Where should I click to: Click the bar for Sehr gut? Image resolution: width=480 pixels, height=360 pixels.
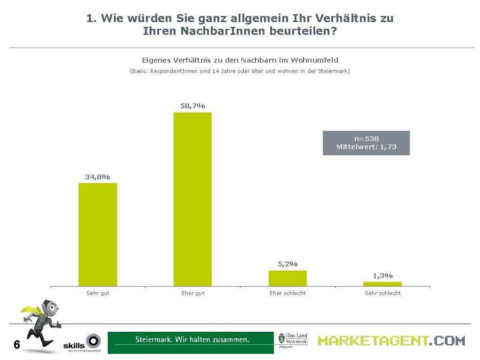pos(97,234)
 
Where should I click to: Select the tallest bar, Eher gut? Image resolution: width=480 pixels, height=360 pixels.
pos(192,199)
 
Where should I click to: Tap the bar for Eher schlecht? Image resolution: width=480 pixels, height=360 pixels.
pos(288,278)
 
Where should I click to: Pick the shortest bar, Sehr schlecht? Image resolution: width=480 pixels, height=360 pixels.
pos(383,284)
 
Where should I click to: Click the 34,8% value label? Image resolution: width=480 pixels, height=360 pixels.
pos(97,177)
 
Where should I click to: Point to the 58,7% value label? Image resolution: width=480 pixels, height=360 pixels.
pos(192,106)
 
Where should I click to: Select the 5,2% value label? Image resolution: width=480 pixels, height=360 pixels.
pos(288,264)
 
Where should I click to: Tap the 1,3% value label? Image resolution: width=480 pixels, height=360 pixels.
pos(383,276)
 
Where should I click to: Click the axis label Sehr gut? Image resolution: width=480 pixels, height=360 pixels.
pos(97,293)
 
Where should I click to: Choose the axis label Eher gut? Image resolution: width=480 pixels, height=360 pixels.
pos(193,293)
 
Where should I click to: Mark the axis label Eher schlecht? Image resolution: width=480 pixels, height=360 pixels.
pos(288,293)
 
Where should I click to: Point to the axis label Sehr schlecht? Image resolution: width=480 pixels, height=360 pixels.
pos(383,293)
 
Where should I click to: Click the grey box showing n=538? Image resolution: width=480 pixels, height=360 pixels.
pos(366,143)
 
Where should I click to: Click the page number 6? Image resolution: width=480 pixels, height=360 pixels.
pos(17,345)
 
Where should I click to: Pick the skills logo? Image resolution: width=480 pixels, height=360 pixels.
pos(82,344)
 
